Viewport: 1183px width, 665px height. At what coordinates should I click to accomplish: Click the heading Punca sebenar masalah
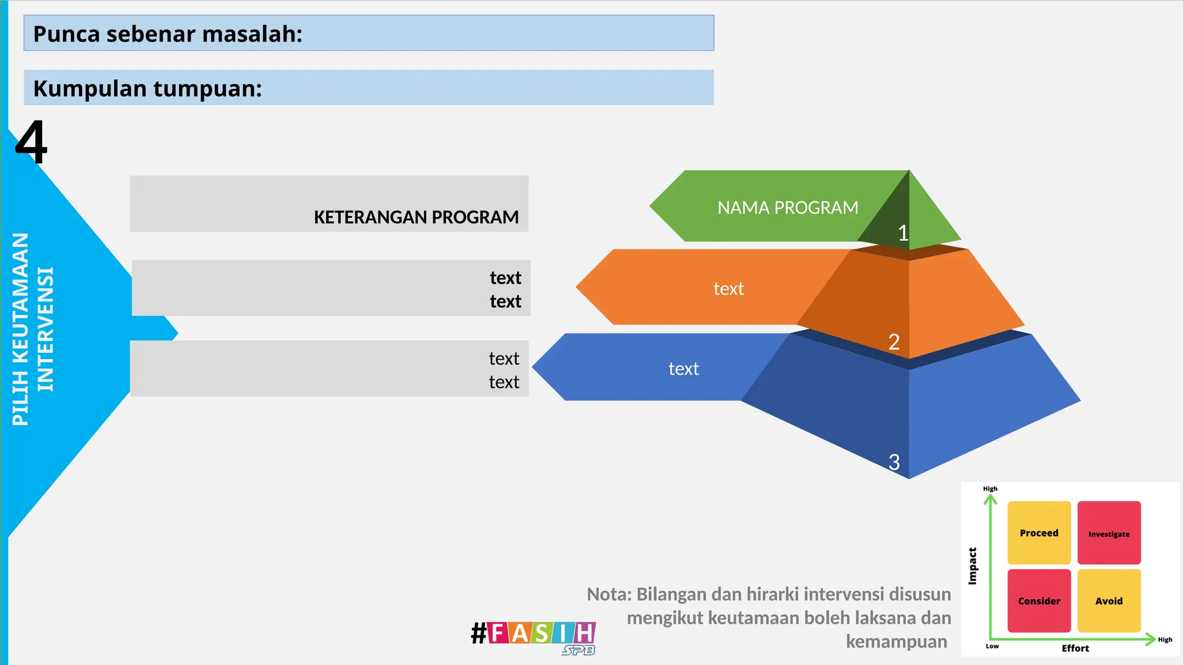coord(168,34)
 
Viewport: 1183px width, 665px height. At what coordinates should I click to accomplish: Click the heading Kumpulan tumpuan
coord(147,89)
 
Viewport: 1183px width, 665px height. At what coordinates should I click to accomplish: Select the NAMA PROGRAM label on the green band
coord(787,208)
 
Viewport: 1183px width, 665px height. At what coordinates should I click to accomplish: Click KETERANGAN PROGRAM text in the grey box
coord(416,217)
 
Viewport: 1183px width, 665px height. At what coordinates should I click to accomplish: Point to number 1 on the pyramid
coord(903,233)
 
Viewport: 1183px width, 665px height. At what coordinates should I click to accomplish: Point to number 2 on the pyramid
coord(894,342)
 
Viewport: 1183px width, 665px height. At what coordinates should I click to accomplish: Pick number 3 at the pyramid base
coord(894,462)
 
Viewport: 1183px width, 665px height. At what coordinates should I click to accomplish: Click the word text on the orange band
coord(728,289)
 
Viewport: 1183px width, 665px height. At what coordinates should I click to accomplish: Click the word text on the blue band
coord(683,369)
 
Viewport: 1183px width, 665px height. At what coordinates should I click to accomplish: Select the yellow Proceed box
coord(1039,533)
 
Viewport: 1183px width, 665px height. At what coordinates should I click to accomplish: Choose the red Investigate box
coord(1108,533)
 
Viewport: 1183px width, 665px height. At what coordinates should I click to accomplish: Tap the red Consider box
coord(1039,601)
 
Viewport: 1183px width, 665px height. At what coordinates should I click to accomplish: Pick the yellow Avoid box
coord(1108,601)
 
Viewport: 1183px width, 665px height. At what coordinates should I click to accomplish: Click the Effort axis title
coord(1075,648)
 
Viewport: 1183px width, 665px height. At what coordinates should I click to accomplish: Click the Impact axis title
coord(973,566)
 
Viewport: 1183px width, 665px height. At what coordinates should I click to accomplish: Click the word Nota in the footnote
coord(608,594)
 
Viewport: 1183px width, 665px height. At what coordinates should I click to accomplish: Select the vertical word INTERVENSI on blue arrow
coord(45,329)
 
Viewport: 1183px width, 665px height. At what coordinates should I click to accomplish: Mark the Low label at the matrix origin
coord(992,647)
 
